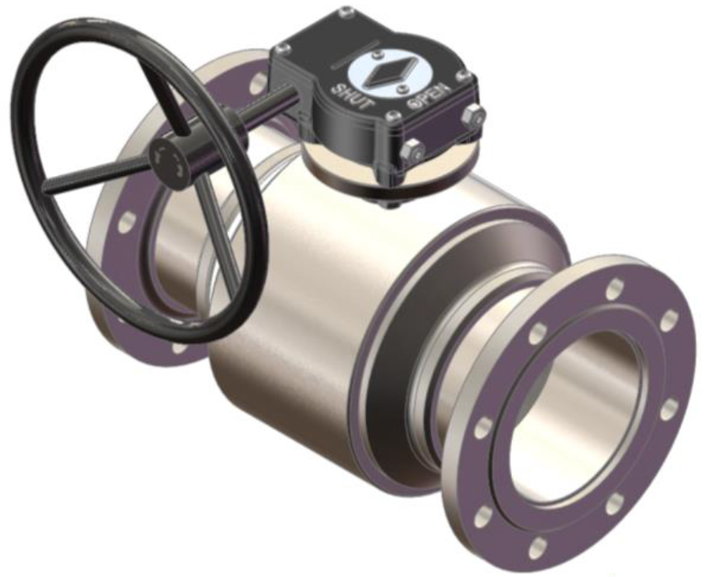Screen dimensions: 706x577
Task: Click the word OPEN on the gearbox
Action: [428, 95]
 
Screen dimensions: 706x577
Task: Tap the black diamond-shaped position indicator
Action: [387, 72]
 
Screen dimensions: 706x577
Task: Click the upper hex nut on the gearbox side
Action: [473, 115]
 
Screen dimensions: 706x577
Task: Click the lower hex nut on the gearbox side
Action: [413, 152]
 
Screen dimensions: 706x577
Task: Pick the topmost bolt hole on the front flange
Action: [614, 288]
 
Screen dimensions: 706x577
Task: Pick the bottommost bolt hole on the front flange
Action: [536, 548]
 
